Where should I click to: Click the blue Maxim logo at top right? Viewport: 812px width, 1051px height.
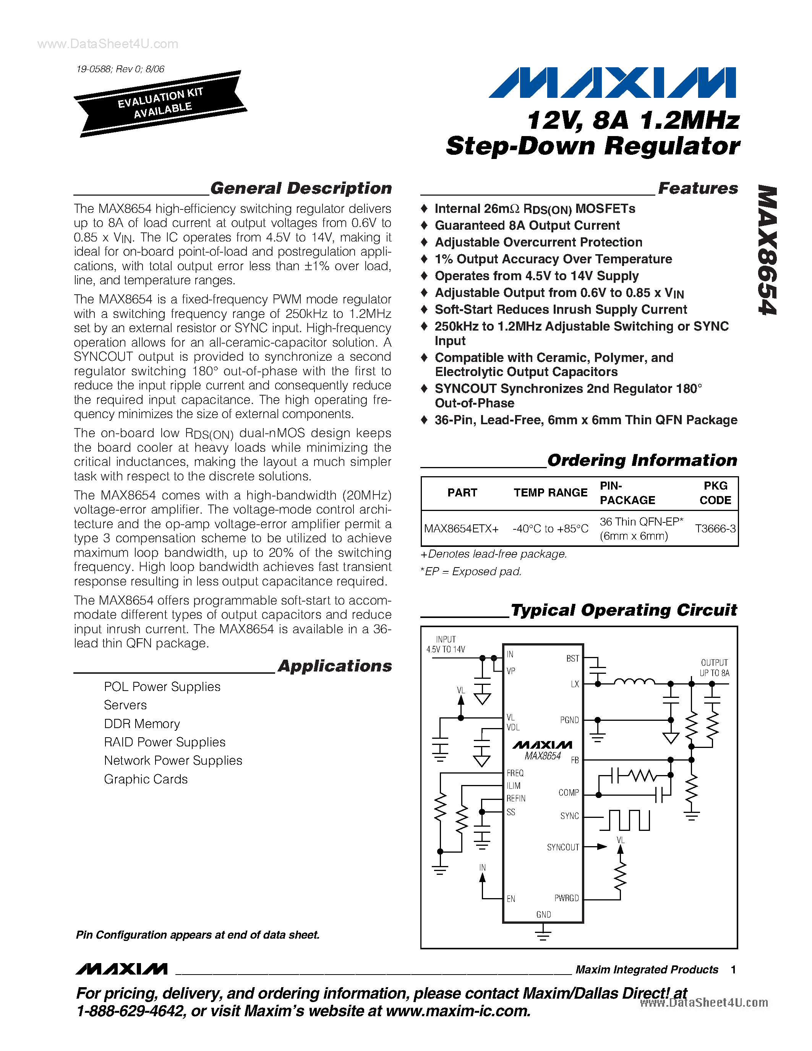pyautogui.click(x=612, y=83)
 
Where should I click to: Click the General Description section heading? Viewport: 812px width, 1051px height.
pyautogui.click(x=301, y=188)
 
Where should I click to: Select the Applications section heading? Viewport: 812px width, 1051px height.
pyautogui.click(x=335, y=666)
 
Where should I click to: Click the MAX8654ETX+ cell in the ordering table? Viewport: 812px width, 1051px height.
pyautogui.click(x=461, y=529)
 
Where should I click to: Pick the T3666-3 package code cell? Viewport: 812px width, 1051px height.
pyautogui.click(x=715, y=529)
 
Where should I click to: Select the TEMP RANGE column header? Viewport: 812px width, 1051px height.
pyautogui.click(x=550, y=493)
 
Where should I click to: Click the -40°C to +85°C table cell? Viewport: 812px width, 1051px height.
pyautogui.click(x=550, y=529)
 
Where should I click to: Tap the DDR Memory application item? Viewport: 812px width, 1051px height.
pyautogui.click(x=142, y=724)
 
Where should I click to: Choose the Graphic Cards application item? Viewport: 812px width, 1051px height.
pyautogui.click(x=146, y=779)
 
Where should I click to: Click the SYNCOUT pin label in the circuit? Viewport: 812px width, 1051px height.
pyautogui.click(x=562, y=847)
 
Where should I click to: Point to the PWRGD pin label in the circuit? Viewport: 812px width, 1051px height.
pyautogui.click(x=566, y=898)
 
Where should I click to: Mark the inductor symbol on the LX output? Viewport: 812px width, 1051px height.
pyautogui.click(x=634, y=681)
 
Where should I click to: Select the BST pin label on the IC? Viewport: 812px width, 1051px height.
pyautogui.click(x=572, y=658)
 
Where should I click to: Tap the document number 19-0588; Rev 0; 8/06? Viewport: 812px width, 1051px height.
pyautogui.click(x=120, y=69)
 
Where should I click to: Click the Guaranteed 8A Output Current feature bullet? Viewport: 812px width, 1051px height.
pyautogui.click(x=527, y=226)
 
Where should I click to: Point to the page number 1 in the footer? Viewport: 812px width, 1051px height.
pyautogui.click(x=733, y=970)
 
